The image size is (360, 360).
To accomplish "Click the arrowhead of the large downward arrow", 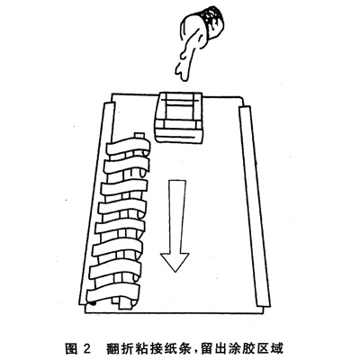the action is pos(175,262).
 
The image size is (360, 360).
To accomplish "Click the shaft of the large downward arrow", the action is pos(176,217).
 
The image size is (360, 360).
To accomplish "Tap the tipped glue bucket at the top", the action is pos(207,25).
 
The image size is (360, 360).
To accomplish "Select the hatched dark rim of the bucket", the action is pos(214,16).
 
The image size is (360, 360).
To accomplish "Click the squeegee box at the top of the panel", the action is pos(179,117).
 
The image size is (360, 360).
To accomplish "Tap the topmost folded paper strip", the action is pos(128,147).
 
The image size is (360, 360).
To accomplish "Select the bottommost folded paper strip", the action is pos(113,292).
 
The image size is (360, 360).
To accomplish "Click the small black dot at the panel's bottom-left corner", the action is pos(94,303).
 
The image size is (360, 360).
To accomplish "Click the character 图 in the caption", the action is pos(72,348).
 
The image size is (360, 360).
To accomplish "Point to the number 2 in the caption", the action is pos(86,349).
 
